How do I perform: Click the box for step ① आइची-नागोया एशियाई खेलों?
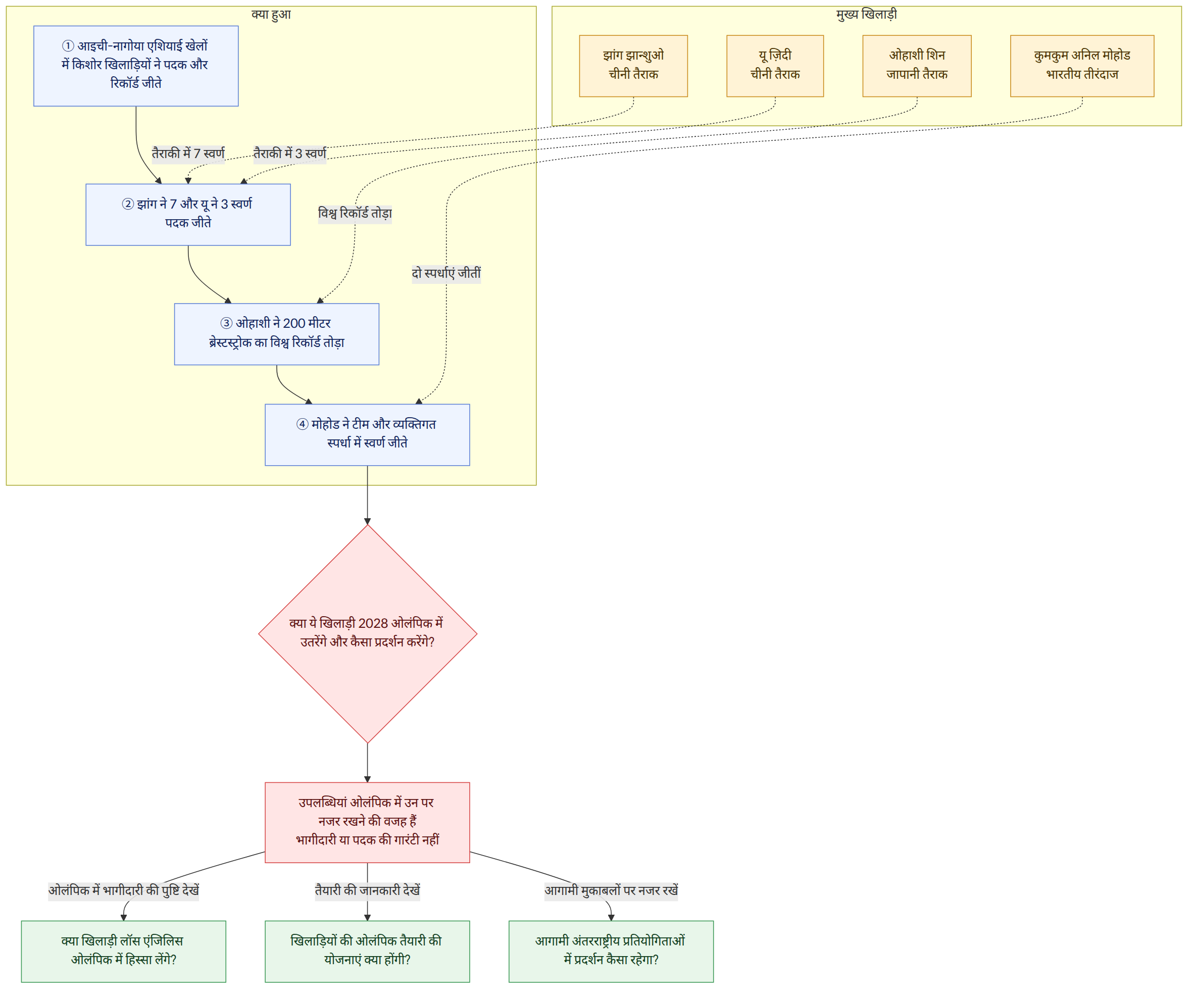135,66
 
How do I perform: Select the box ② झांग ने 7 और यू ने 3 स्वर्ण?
188,215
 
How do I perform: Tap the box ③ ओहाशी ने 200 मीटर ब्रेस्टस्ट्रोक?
276,334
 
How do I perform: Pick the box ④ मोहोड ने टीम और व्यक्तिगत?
367,435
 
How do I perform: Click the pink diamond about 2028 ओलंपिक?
367,634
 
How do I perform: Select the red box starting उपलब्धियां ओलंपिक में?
367,822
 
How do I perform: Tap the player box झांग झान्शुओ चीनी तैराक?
633,66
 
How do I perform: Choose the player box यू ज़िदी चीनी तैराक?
775,66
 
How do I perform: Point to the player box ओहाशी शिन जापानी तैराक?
917,66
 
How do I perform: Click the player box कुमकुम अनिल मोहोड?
1082,66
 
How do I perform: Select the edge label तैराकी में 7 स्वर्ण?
188,154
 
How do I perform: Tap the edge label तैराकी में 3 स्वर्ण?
290,154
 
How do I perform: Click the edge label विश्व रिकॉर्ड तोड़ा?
355,214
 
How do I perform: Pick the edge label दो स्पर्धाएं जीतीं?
446,273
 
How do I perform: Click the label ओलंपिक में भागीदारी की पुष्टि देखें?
124,890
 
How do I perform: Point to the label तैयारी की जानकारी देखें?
367,890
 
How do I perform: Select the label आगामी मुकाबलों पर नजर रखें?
611,890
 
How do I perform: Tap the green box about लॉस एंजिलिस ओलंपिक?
124,952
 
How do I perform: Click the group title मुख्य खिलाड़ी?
866,14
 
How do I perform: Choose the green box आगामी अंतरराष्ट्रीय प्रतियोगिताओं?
611,952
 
